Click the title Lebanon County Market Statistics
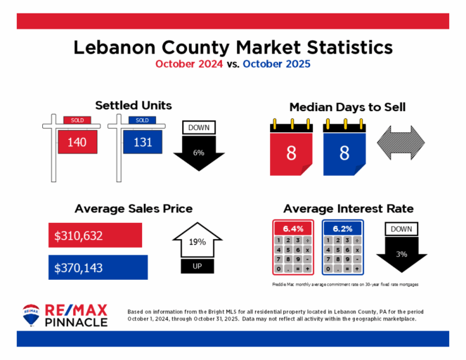pyautogui.click(x=233, y=48)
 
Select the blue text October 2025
pyautogui.click(x=276, y=64)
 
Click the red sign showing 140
pyautogui.click(x=76, y=142)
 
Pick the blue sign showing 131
pyautogui.click(x=142, y=142)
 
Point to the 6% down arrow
pyautogui.click(x=199, y=150)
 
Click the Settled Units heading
pyautogui.click(x=133, y=105)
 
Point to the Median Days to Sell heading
pyautogui.click(x=347, y=107)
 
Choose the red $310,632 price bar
pyautogui.click(x=95, y=235)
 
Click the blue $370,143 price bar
pyautogui.click(x=98, y=266)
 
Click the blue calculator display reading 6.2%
pyautogui.click(x=342, y=229)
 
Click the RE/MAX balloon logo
pyautogui.click(x=31, y=315)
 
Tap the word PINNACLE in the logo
pyautogui.click(x=76, y=322)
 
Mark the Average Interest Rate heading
pyautogui.click(x=348, y=208)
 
